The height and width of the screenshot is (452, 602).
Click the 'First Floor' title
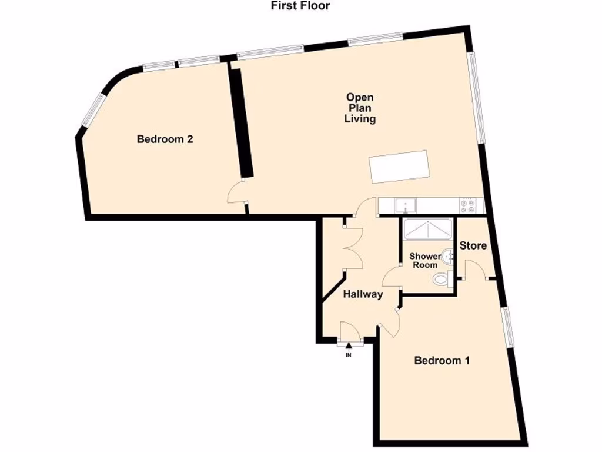pyautogui.click(x=300, y=6)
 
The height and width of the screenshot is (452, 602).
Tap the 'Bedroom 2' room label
pyautogui.click(x=165, y=139)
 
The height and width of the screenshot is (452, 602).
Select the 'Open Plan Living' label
pyautogui.click(x=360, y=108)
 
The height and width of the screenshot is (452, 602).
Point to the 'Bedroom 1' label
pyautogui.click(x=442, y=361)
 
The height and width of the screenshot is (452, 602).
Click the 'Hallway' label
pyautogui.click(x=363, y=294)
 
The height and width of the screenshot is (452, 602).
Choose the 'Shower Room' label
pyautogui.click(x=424, y=261)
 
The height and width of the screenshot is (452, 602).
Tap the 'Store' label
pyautogui.click(x=473, y=245)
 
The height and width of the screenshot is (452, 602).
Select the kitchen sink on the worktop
pyautogui.click(x=406, y=205)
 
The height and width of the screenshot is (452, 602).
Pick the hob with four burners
pyautogui.click(x=469, y=205)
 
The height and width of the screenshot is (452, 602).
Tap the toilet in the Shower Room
pyautogui.click(x=442, y=280)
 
